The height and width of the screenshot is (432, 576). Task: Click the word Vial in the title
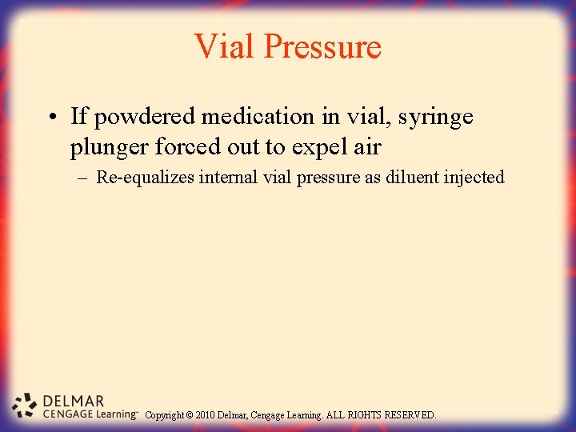(226, 46)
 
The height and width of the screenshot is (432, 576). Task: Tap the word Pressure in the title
(322, 46)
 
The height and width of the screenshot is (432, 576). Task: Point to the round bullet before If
(50, 118)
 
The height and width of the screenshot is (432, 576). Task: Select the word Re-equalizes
(145, 178)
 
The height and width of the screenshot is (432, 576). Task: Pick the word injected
(474, 178)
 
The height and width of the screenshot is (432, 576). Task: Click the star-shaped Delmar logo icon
(25, 405)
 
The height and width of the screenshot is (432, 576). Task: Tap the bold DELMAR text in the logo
(73, 401)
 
